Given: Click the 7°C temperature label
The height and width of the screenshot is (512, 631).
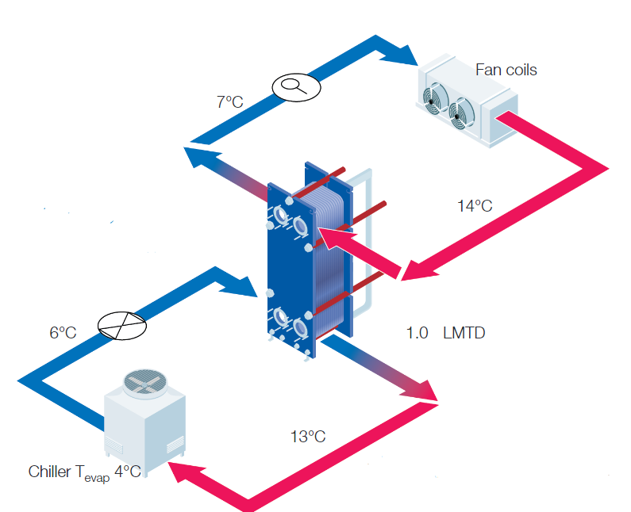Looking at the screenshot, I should point(229,101).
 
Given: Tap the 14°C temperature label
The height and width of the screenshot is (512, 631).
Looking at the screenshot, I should point(475,206).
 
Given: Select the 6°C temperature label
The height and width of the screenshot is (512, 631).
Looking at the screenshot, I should point(63,333).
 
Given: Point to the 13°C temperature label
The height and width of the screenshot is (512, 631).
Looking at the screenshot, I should point(308,436).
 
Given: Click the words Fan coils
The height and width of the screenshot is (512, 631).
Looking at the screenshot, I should point(506,70).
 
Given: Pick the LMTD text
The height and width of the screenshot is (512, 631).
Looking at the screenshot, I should point(464,333).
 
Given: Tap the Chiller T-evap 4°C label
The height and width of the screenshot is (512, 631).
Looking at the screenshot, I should point(84,472).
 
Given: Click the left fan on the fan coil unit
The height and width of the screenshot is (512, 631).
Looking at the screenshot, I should point(433,97).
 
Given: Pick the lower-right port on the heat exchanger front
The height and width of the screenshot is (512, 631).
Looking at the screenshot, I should point(300,327).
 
